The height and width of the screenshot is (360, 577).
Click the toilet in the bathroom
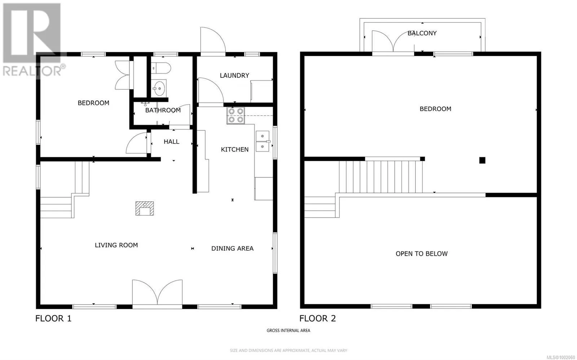(160, 68)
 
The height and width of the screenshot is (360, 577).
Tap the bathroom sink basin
(159, 88)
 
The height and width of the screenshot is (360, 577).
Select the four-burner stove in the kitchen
(236, 115)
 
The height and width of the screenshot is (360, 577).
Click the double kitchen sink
(263, 141)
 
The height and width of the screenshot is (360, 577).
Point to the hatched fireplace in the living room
(145, 208)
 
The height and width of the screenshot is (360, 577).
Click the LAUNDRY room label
(234, 75)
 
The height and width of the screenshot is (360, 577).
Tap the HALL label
(172, 141)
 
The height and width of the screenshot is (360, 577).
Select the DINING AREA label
(232, 249)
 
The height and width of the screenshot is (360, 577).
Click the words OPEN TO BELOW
(422, 254)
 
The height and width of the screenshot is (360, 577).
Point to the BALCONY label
(422, 33)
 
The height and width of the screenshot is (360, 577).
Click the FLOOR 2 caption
(318, 319)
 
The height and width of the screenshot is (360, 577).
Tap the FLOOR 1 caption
(53, 319)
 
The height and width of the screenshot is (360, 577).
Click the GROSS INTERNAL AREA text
(288, 330)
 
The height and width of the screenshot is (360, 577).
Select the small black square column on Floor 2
(482, 160)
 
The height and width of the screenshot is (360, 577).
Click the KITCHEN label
(235, 149)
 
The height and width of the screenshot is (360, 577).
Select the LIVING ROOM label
(116, 245)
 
